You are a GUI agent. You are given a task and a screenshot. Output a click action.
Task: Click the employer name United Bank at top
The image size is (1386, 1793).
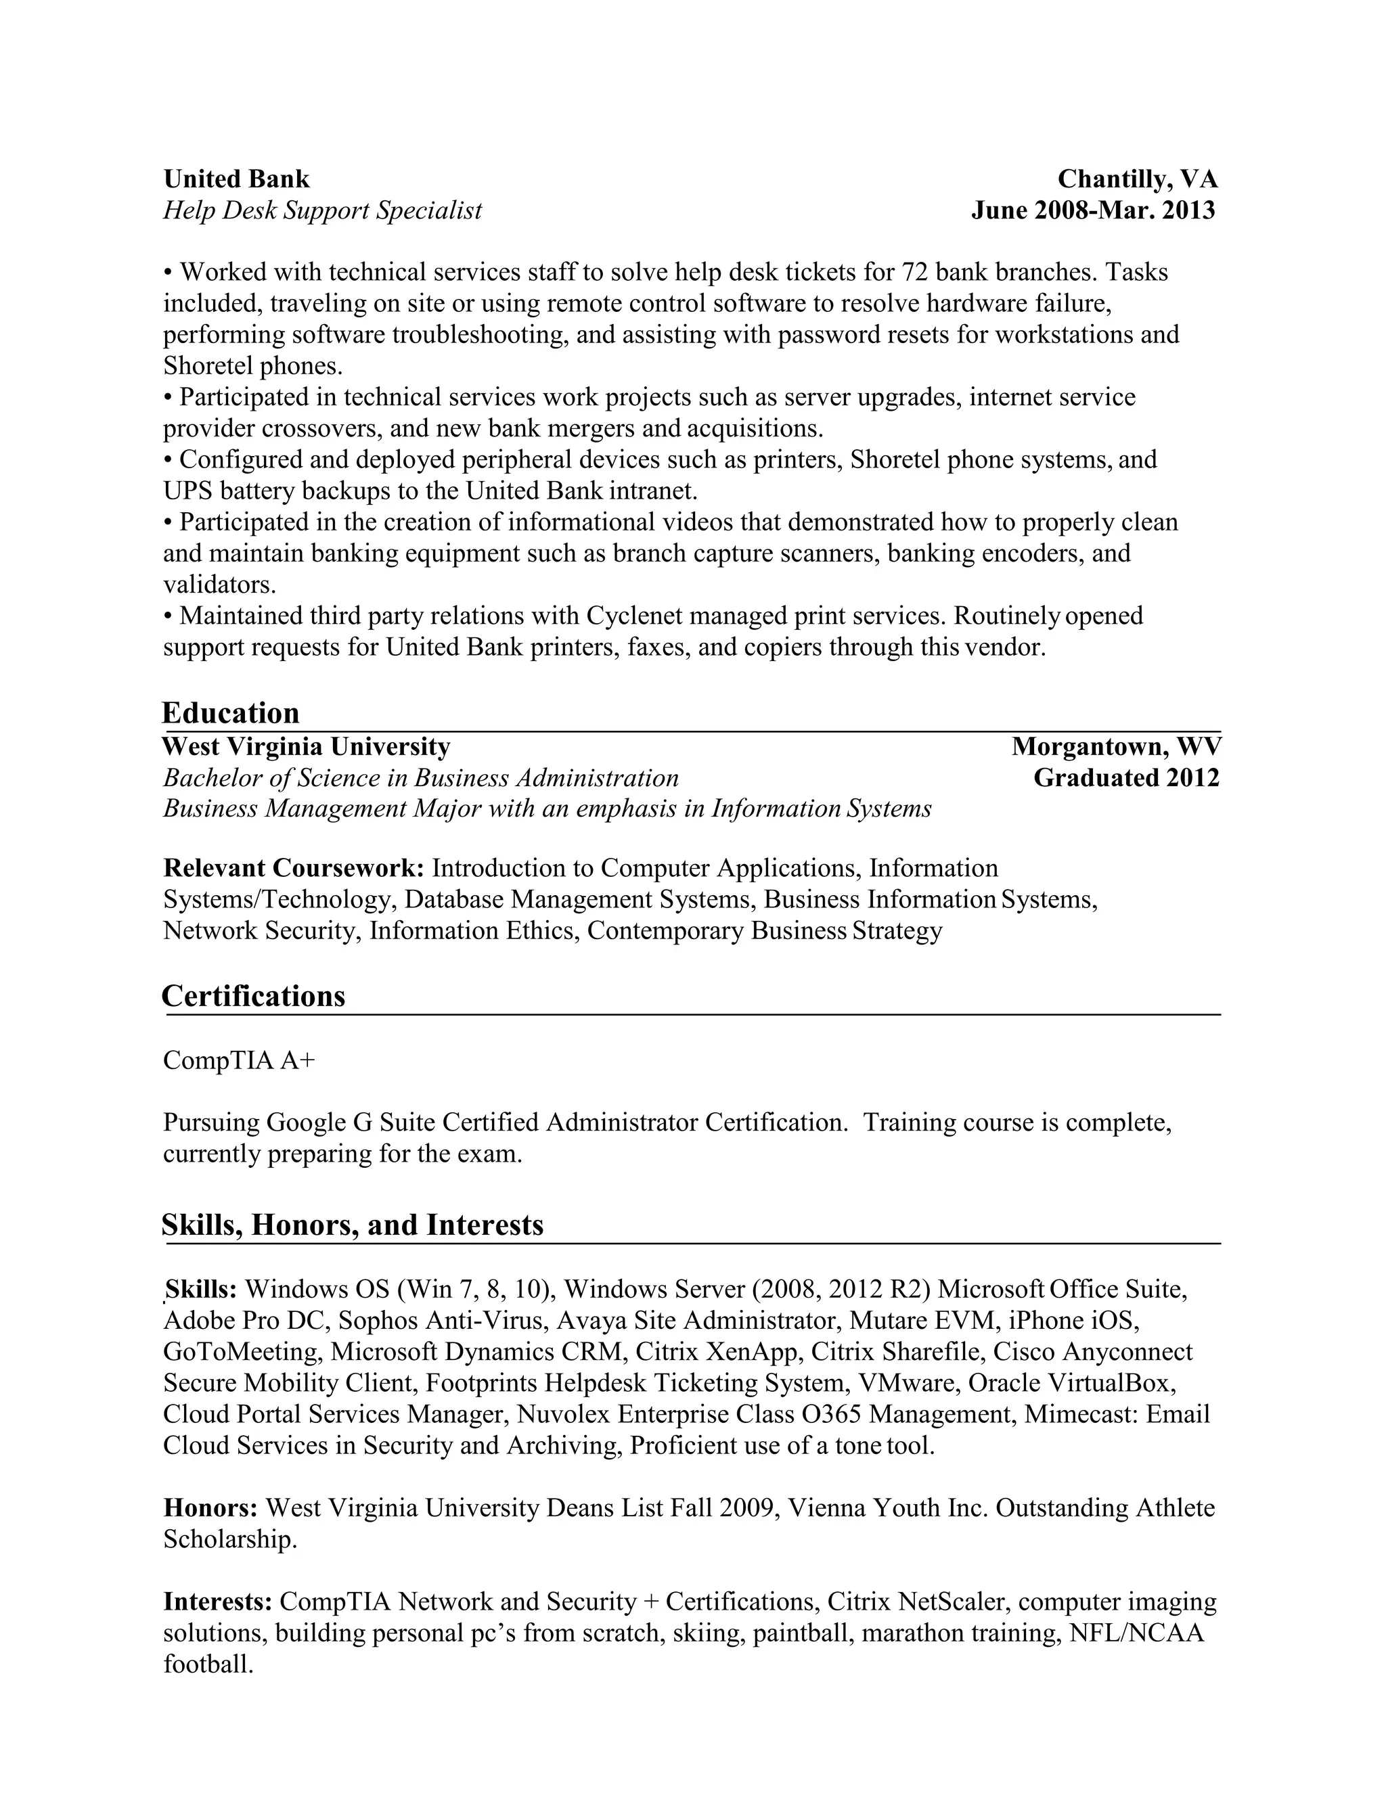point(236,179)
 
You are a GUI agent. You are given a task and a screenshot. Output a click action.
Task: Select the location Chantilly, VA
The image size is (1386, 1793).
point(1137,179)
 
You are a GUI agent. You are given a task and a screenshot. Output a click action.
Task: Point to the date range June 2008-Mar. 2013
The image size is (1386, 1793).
point(1093,210)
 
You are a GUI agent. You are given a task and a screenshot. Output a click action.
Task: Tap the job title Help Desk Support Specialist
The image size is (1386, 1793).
point(323,210)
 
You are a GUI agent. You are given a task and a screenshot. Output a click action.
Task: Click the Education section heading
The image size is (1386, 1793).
point(231,712)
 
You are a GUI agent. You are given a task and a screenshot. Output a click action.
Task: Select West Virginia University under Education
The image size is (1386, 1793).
point(307,746)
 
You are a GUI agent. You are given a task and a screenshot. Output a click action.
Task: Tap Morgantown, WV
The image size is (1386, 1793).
point(1116,746)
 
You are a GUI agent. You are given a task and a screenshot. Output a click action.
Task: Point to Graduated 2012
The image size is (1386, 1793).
point(1125,777)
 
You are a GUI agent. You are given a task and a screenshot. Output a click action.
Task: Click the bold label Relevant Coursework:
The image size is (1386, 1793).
point(293,868)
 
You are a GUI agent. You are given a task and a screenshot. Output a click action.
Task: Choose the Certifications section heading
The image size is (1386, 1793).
point(254,996)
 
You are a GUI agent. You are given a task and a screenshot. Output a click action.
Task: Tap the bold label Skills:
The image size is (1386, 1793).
point(201,1289)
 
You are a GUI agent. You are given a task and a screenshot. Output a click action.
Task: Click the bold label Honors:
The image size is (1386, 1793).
point(211,1508)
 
